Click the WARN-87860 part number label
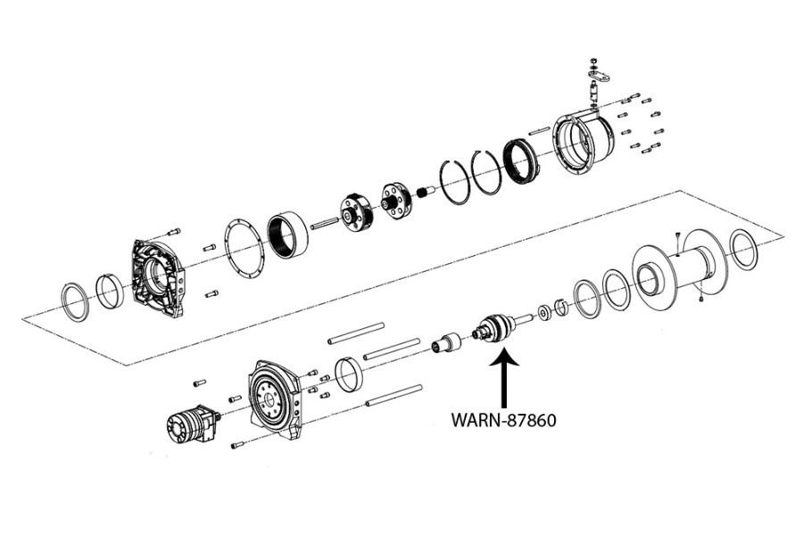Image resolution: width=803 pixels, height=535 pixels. [x=503, y=419]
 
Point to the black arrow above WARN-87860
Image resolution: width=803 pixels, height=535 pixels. [x=503, y=378]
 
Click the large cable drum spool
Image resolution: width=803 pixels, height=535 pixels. [x=678, y=265]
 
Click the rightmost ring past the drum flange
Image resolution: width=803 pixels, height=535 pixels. [x=743, y=249]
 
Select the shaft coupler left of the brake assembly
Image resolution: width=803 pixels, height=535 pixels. [x=445, y=344]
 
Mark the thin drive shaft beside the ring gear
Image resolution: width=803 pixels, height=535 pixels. [x=326, y=221]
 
